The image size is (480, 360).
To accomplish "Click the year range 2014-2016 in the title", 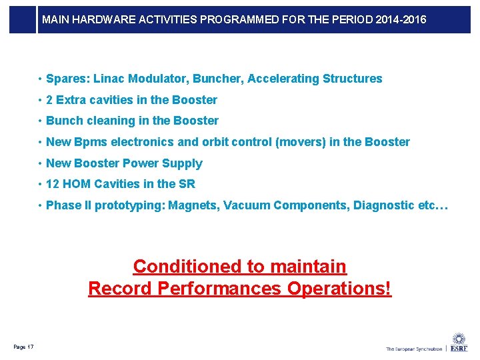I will click(x=401, y=20).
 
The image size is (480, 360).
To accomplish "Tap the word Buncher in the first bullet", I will click(x=217, y=79).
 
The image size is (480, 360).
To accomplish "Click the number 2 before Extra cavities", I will click(x=50, y=100).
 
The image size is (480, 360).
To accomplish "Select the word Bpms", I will click(x=89, y=142).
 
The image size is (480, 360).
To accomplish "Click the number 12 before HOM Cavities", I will click(x=53, y=184).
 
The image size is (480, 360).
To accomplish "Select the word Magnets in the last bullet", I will click(x=192, y=205).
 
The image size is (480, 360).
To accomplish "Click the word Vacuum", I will click(x=247, y=205).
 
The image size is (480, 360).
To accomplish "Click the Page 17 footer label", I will click(x=23, y=346).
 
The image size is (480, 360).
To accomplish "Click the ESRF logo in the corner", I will click(x=459, y=343).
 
